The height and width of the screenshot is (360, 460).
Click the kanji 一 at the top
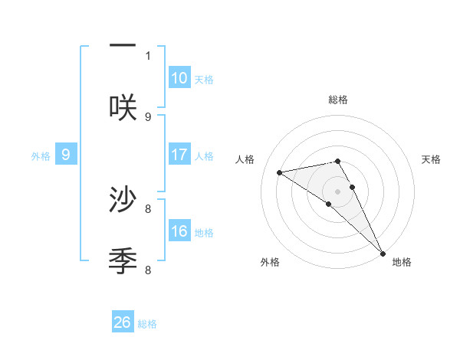(x=123, y=47)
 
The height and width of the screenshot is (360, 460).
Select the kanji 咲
(x=123, y=106)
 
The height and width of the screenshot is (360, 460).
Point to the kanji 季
(x=123, y=261)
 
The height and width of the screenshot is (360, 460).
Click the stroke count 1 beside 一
(x=148, y=55)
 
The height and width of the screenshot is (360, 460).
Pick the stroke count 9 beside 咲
(x=148, y=116)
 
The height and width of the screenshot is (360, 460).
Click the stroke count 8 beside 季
(x=148, y=270)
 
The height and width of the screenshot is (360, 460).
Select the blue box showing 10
(x=179, y=78)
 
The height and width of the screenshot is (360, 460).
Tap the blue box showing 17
(x=179, y=155)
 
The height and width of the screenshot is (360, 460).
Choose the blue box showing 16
(x=179, y=231)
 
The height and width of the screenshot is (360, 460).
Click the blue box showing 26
(x=123, y=322)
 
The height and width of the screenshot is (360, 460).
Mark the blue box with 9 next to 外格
(x=66, y=155)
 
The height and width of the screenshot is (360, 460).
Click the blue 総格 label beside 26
(x=147, y=324)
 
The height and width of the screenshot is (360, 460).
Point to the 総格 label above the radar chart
(x=337, y=100)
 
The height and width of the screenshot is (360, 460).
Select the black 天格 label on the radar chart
(x=431, y=159)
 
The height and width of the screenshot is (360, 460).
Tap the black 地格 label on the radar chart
(x=402, y=262)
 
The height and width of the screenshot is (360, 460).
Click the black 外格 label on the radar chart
(x=270, y=262)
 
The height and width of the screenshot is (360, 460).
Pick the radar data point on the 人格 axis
(x=280, y=172)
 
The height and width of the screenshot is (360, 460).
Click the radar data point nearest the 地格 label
(x=382, y=253)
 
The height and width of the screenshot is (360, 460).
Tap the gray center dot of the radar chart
(x=337, y=191)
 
